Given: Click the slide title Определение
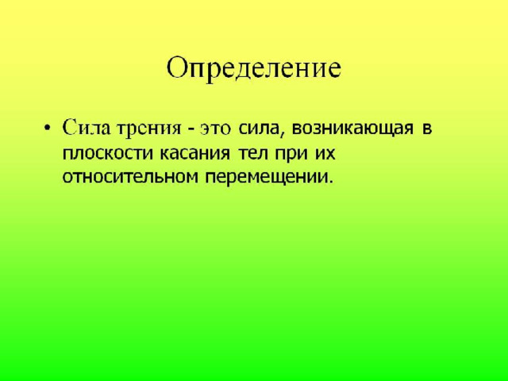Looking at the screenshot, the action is (254, 70).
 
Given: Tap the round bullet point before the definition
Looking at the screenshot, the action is (48, 126).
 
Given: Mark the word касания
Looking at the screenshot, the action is (194, 154).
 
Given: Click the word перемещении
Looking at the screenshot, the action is (267, 178).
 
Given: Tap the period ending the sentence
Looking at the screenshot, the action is (330, 182).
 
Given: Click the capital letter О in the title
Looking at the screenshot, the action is (178, 68).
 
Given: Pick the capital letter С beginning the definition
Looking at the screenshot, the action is (69, 128).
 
